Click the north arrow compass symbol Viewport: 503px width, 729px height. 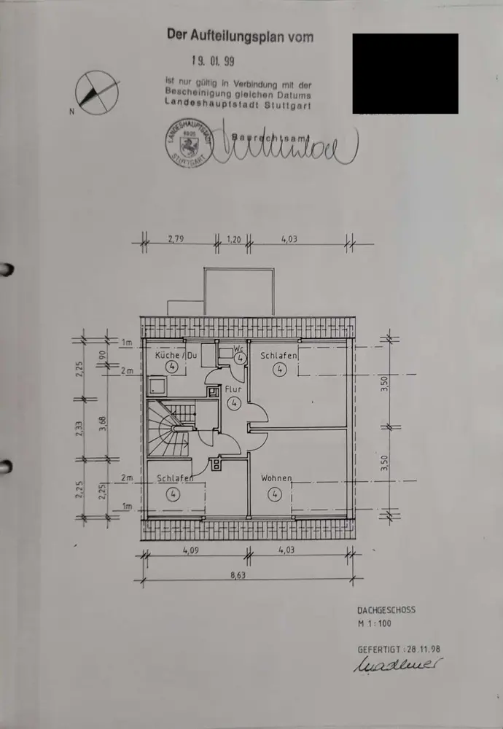tap(97, 93)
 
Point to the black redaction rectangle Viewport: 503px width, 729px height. tap(405, 74)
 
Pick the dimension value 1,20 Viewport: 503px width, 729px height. tap(233, 238)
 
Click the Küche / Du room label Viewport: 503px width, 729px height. tap(176, 355)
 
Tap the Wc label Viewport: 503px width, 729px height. tap(238, 348)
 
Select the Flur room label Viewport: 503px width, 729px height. tap(233, 389)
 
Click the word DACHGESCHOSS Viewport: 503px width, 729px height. tap(386, 609)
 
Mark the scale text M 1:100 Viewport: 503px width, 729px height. tap(376, 625)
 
